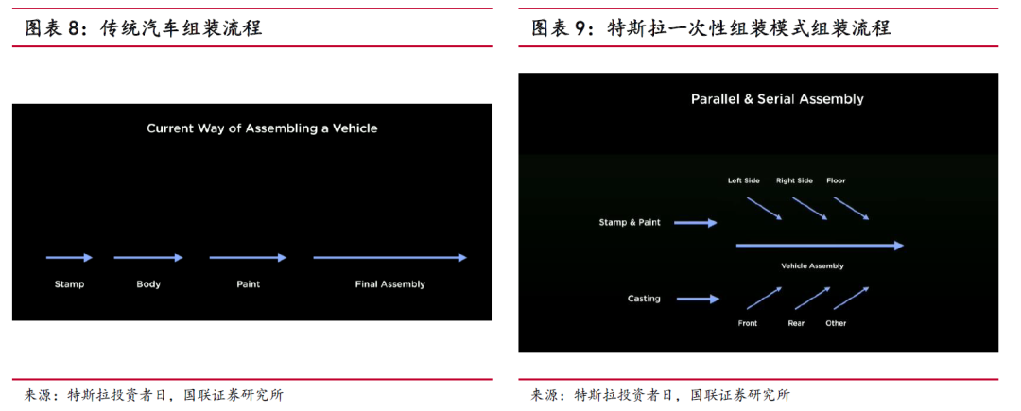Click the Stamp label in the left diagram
(69, 283)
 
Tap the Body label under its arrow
(148, 283)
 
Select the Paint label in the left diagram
(249, 283)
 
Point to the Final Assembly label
(389, 283)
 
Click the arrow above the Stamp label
(70, 257)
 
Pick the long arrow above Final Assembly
(389, 257)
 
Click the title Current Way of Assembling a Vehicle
(262, 128)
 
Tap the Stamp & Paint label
(630, 223)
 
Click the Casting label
(644, 299)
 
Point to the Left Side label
(743, 180)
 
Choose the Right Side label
(794, 180)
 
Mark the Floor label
(836, 180)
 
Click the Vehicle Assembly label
(812, 266)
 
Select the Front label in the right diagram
(747, 323)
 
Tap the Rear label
(796, 323)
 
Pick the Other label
(836, 323)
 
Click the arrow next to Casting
(698, 299)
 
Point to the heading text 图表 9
(563, 29)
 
